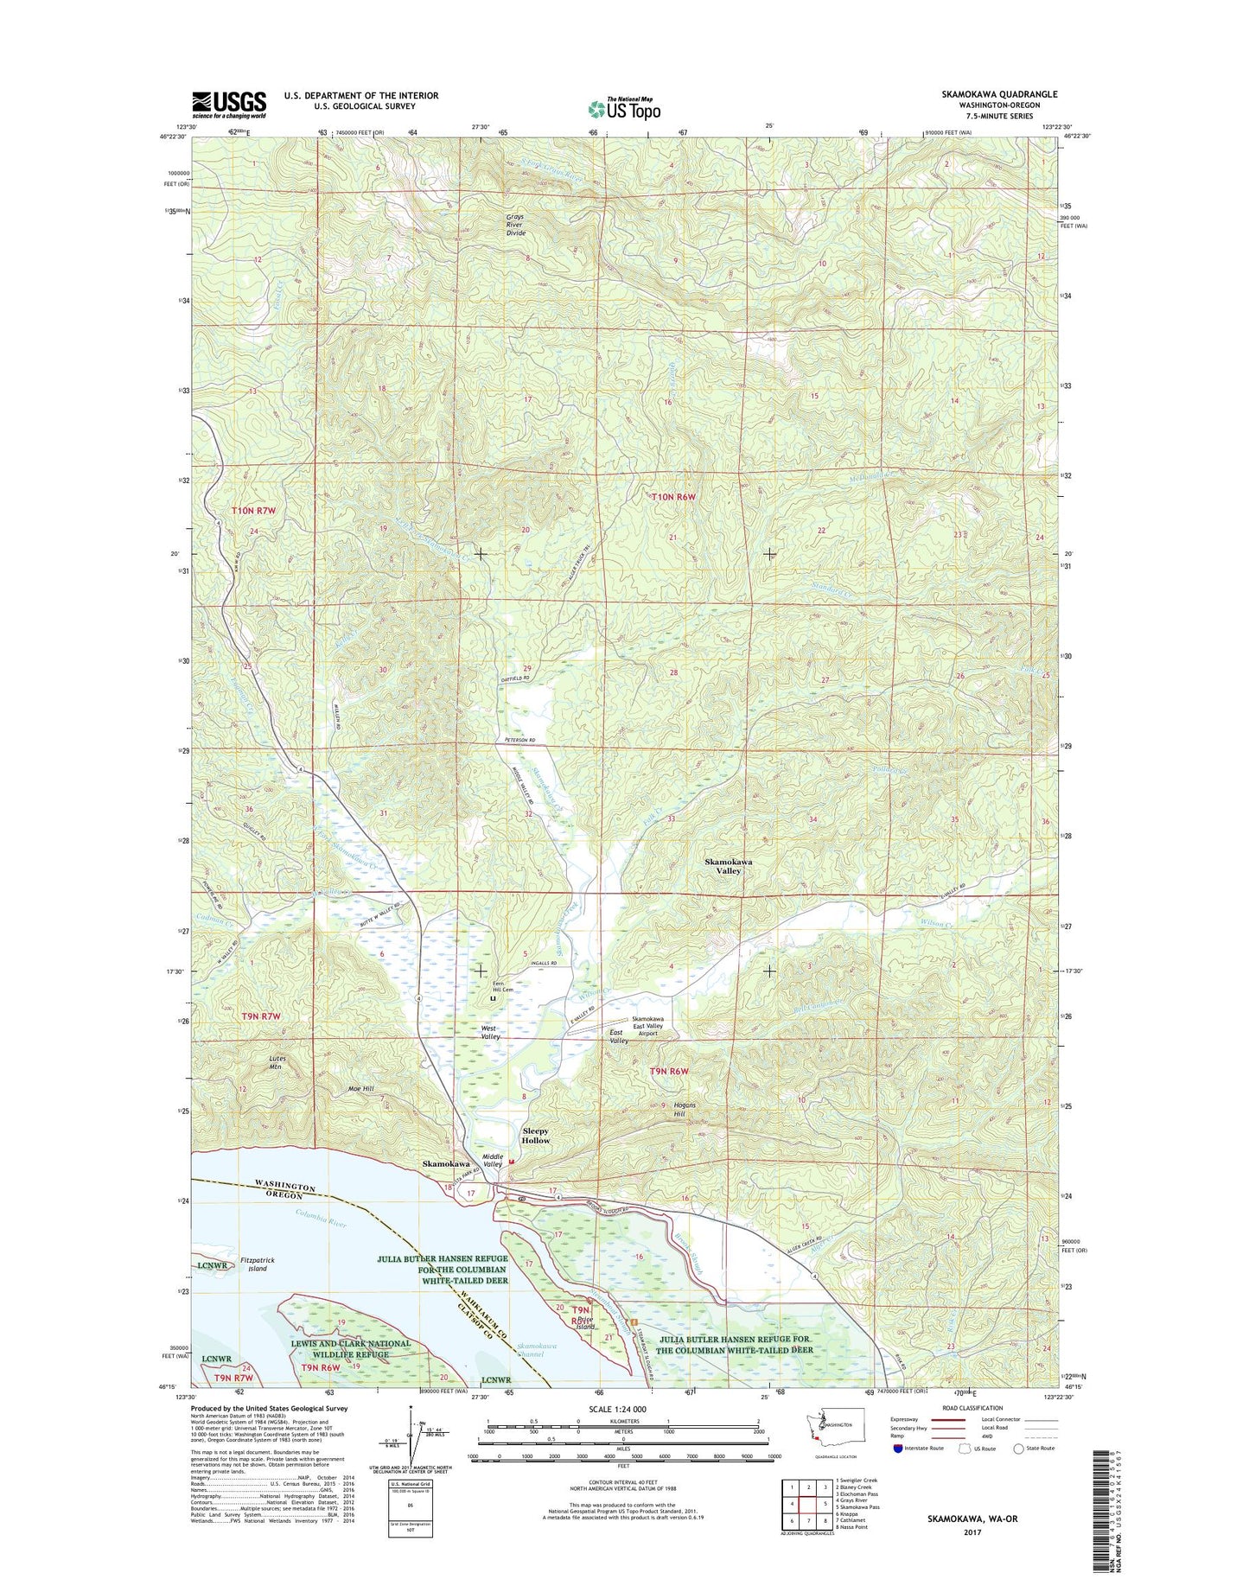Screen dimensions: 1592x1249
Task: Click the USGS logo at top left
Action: click(x=229, y=104)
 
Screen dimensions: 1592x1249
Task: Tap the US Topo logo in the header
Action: click(x=624, y=108)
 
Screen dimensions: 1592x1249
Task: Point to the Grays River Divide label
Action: click(x=515, y=225)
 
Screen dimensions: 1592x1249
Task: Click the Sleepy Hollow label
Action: click(x=535, y=1136)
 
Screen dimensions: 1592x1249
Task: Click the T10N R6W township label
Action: click(x=672, y=497)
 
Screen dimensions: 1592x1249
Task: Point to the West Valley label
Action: click(x=490, y=1032)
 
